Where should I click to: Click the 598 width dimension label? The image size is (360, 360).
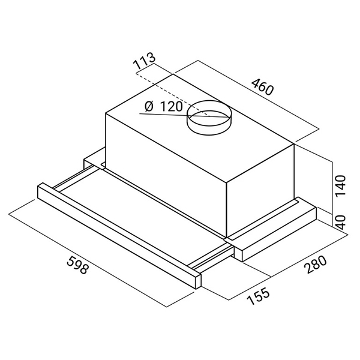pyautogui.click(x=77, y=265)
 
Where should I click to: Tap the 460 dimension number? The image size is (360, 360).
pyautogui.click(x=263, y=87)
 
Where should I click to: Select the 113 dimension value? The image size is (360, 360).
pyautogui.click(x=145, y=61)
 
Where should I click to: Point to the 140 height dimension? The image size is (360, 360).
pyautogui.click(x=340, y=185)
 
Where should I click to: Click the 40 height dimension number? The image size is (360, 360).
pyautogui.click(x=340, y=223)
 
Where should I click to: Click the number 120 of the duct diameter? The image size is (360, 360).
pyautogui.click(x=171, y=107)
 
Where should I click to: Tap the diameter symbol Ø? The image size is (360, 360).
pyautogui.click(x=149, y=107)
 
